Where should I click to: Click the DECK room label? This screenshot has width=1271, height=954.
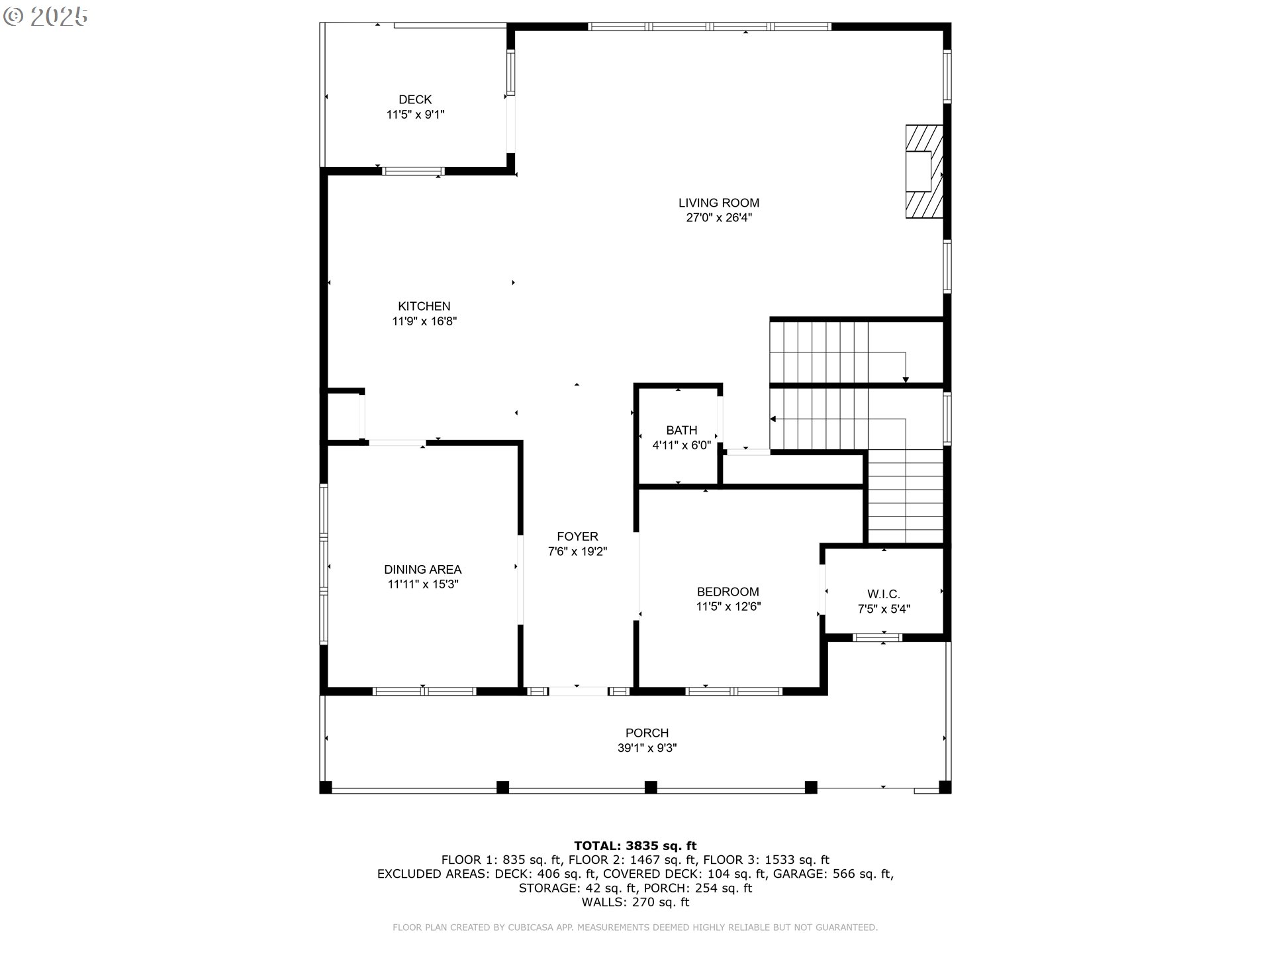coord(415,100)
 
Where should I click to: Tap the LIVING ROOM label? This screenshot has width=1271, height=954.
coord(718,203)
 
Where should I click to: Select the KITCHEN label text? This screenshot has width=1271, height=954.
coord(424,306)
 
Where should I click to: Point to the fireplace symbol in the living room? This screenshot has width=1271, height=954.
coord(924,172)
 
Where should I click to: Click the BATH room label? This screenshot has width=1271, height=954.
coord(681,431)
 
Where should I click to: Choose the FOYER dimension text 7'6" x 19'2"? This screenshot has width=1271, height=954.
coord(577,551)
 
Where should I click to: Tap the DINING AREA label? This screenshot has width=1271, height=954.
coord(422,570)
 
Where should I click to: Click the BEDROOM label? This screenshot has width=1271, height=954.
coord(728,592)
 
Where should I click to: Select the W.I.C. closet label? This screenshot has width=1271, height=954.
coord(884,594)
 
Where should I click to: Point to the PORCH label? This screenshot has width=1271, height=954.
coord(647,733)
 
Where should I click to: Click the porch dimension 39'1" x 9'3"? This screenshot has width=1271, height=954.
coord(647,748)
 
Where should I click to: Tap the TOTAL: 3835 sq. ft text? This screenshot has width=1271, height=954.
coord(635,845)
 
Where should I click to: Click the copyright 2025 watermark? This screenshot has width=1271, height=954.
coord(46,17)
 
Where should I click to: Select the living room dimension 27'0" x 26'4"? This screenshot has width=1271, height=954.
coord(718,218)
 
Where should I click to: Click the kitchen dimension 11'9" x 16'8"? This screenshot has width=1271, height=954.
coord(424,321)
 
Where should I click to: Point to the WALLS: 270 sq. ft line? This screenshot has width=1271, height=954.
coord(635,902)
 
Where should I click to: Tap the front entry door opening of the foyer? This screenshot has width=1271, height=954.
coord(578,691)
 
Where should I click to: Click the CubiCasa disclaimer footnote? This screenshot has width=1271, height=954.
coord(635,927)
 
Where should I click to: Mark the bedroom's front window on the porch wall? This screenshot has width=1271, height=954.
coord(733,691)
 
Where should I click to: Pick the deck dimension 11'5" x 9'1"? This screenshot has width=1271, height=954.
coord(415,115)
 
